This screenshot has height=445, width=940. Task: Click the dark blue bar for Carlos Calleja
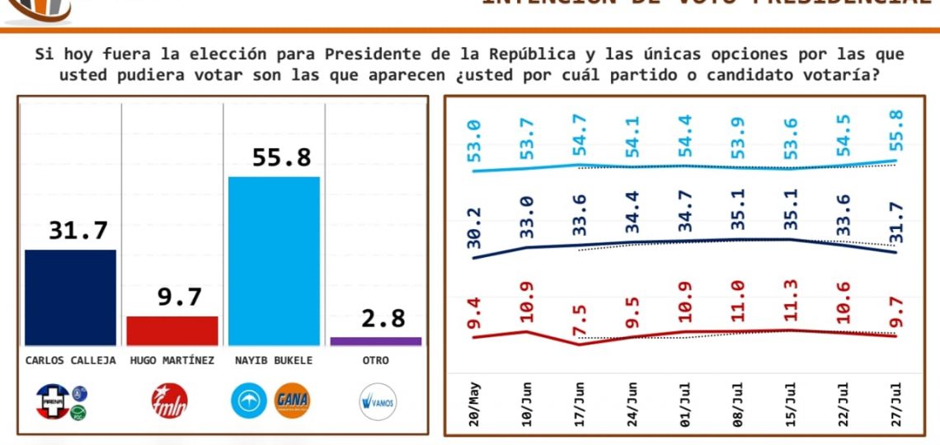[70, 297]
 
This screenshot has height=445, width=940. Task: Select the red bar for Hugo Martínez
[172, 330]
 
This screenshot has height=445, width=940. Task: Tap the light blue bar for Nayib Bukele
[274, 260]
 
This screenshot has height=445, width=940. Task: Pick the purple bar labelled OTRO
[375, 340]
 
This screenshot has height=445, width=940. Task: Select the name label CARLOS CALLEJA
[70, 360]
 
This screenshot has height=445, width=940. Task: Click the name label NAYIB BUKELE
[274, 360]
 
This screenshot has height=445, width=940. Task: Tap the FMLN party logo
[170, 401]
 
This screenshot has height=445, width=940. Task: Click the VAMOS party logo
[378, 402]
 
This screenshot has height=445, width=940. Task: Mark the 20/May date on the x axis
[476, 404]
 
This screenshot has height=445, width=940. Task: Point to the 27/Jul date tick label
[897, 404]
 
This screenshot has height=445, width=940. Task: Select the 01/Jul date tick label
[686, 404]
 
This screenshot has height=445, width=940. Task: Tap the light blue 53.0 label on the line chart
[476, 141]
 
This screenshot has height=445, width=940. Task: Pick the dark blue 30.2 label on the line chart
[476, 227]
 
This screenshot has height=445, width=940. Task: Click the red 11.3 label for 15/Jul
[792, 302]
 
